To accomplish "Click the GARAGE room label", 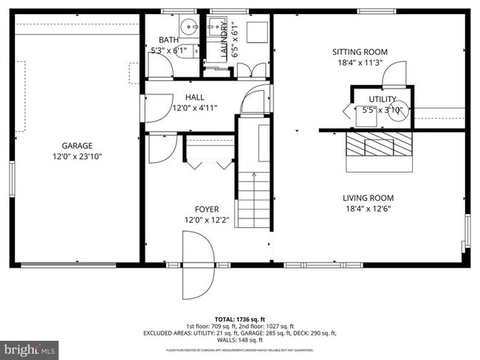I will click(77, 145).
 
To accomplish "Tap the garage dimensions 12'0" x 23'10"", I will click(77, 156).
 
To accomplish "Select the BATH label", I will click(168, 40).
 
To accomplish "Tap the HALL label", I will click(195, 97).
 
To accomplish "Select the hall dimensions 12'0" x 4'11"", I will click(195, 108).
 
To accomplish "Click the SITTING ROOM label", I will click(360, 52).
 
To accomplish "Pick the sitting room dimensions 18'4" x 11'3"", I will click(360, 63).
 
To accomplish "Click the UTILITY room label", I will click(383, 99).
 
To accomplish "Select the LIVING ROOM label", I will click(368, 198).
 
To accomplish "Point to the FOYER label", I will click(206, 209).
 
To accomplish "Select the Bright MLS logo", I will click(30, 346).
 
